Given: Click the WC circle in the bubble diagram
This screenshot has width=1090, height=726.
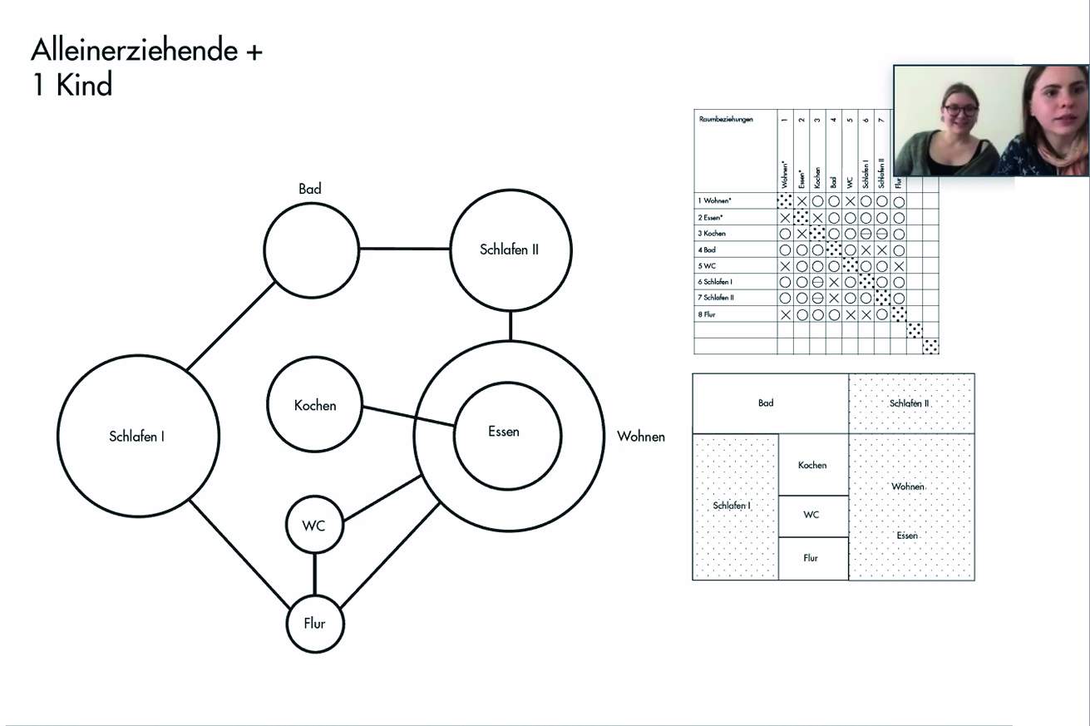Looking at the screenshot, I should [314, 526].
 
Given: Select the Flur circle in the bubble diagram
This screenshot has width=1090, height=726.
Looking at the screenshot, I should [315, 624].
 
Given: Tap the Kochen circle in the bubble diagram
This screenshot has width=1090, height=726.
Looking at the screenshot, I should [315, 405].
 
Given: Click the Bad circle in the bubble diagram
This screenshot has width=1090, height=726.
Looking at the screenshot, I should [309, 249].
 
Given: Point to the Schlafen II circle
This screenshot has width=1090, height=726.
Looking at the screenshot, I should [510, 249].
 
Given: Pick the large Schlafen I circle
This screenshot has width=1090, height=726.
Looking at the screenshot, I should [137, 436].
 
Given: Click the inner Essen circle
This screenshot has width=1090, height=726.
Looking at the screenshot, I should [504, 432].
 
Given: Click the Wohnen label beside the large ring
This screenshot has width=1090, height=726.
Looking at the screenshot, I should [641, 436].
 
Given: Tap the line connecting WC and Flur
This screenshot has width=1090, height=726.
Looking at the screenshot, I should [314, 575].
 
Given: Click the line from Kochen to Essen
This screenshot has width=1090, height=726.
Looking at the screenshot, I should [407, 416].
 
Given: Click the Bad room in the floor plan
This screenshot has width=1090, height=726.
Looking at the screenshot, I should [766, 403].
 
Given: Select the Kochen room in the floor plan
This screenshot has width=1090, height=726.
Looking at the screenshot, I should [812, 465].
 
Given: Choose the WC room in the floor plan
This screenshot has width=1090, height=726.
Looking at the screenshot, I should [811, 515].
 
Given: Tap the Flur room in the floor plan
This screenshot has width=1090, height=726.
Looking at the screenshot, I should [811, 558].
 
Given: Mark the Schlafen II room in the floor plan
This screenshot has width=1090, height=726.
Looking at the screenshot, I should [910, 403].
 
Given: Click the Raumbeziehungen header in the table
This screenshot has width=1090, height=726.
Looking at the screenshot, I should [727, 120].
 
